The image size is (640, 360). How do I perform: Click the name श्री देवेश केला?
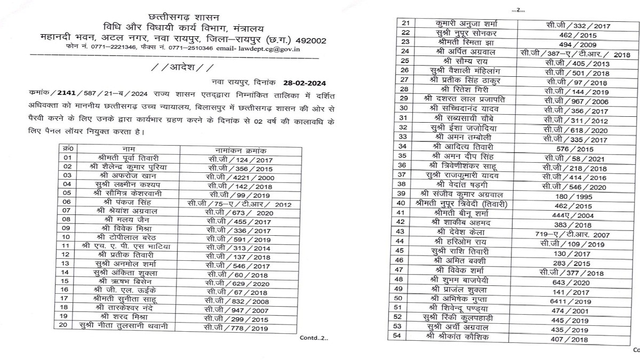[x=462, y=233]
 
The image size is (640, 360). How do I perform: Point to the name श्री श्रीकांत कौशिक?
[x=462, y=337]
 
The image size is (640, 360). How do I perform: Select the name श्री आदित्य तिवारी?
[x=462, y=146]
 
